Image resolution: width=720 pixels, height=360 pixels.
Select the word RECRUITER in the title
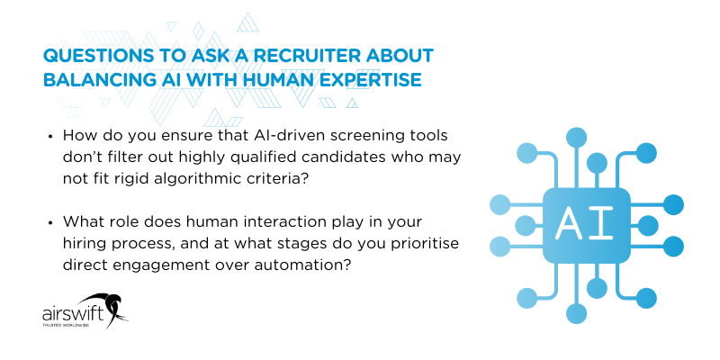292,57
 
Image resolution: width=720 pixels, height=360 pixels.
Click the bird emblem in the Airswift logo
109,308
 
